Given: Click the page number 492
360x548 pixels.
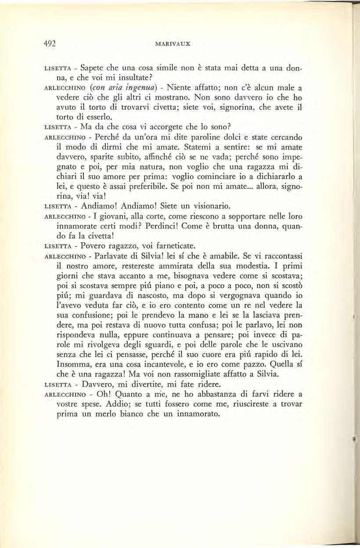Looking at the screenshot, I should pos(52,43).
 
